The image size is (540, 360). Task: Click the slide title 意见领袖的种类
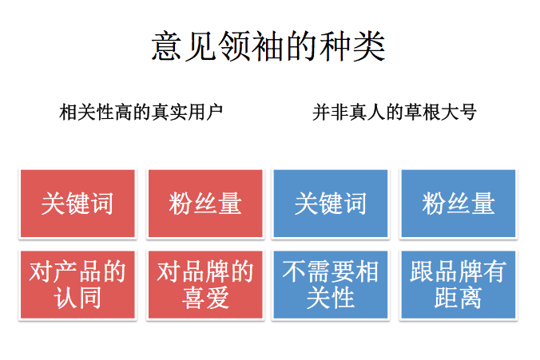[268, 46]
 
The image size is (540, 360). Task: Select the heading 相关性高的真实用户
[141, 113]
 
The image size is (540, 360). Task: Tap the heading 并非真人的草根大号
[395, 113]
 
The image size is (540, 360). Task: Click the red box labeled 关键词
[77, 204]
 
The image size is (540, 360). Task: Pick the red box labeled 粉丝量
[205, 204]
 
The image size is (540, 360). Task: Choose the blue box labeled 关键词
[331, 204]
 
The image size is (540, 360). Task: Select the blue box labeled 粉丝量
[459, 204]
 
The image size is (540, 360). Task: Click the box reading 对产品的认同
[77, 285]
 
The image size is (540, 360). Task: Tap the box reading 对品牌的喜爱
[205, 285]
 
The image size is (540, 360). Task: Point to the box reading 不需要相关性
[331, 285]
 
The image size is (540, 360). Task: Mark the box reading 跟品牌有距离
[459, 285]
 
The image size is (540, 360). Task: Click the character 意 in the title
[167, 46]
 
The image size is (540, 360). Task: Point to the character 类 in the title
[369, 46]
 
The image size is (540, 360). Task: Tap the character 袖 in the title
[268, 46]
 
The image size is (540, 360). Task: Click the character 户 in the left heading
[214, 113]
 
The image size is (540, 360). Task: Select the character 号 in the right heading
[467, 113]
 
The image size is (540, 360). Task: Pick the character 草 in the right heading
[413, 113]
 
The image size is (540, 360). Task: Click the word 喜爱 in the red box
[205, 298]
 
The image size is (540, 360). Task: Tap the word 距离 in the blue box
[458, 298]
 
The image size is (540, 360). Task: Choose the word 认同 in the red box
[77, 298]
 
